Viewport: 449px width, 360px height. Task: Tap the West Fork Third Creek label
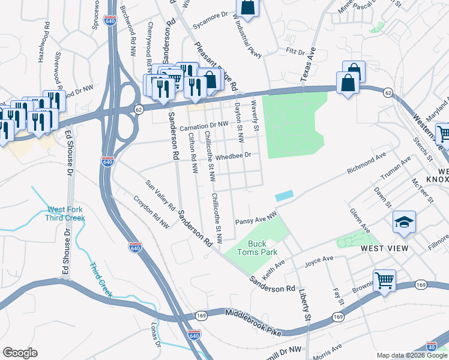(65, 214)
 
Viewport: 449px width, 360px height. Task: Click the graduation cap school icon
(404, 221)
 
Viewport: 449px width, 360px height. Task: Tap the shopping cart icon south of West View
(384, 280)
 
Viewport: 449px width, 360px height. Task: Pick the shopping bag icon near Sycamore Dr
(247, 7)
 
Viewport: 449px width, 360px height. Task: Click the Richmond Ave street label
(366, 164)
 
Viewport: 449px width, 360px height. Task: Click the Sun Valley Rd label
(160, 195)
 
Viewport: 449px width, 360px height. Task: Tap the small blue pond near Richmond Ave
(285, 196)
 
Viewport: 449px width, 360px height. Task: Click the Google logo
(20, 353)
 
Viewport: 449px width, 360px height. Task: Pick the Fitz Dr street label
(296, 52)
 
